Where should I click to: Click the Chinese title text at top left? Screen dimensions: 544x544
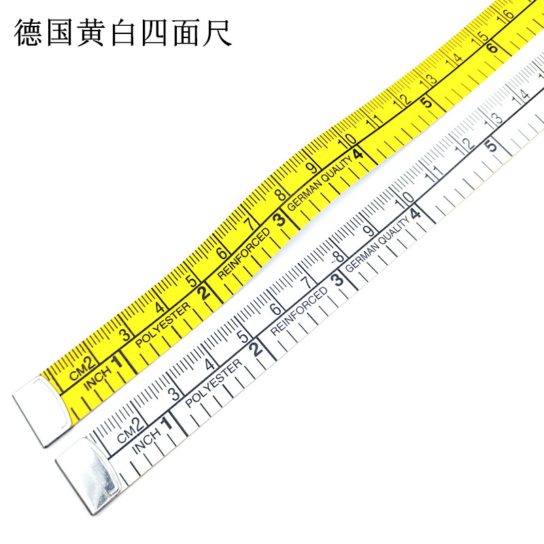pyautogui.click(x=123, y=33)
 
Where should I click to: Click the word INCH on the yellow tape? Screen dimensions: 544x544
pyautogui.click(x=97, y=378)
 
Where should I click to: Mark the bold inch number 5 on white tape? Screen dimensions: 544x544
pyautogui.click(x=490, y=145)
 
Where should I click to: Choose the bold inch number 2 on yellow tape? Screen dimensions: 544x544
pyautogui.click(x=203, y=294)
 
